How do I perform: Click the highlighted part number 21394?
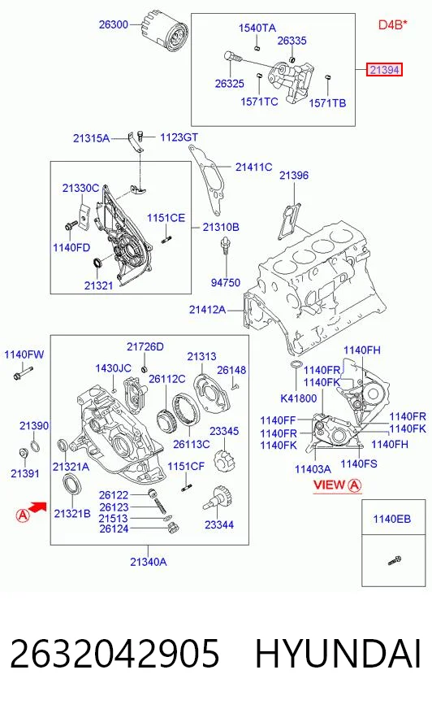coord(384,70)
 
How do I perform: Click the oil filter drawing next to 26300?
coord(164,32)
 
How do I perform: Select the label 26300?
coord(114,24)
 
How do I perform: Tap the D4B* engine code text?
coord(393,24)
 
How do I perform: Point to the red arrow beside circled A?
coord(37,508)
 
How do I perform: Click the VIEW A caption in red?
coord(337,485)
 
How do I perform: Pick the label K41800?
coord(298,398)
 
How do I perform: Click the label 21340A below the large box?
coord(149,562)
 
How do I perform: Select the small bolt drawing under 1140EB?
coord(395,561)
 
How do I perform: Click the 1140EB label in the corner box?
coord(392,519)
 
